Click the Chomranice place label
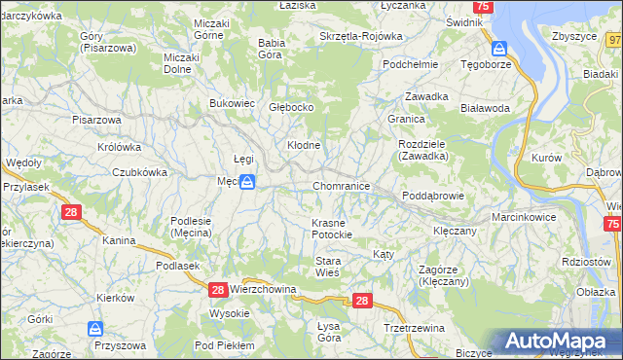click(x=341, y=185)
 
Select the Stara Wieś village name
click(x=327, y=267)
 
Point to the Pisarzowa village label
click(x=95, y=120)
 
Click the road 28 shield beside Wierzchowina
click(x=218, y=290)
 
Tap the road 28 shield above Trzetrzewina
click(x=362, y=302)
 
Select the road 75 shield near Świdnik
click(x=486, y=7)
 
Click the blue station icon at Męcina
click(x=248, y=182)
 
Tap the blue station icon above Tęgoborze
click(x=498, y=48)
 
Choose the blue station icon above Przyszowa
click(x=95, y=330)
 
